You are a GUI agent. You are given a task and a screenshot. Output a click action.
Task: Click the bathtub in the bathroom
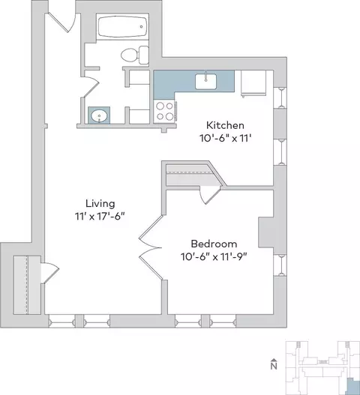point(122,26)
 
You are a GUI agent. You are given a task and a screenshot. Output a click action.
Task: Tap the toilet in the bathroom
point(135,55)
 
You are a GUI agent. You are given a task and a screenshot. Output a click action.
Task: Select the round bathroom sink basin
point(99,116)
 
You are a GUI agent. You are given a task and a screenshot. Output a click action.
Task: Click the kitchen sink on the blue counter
point(205,81)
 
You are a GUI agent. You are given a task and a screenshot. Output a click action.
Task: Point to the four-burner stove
point(164,111)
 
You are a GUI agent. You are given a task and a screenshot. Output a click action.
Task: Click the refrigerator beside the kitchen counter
point(253,83)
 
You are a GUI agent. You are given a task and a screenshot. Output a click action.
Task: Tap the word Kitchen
point(225,125)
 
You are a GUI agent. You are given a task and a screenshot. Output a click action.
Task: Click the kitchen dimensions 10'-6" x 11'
point(226,139)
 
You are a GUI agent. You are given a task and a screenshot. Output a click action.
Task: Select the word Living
point(100,204)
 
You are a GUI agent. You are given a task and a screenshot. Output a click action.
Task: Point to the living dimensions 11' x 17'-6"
point(100,217)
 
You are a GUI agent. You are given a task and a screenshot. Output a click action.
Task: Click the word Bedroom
point(214,244)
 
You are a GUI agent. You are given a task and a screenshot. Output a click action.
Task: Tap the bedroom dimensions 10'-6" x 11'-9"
point(214,257)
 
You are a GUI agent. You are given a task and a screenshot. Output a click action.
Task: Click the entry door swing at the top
point(62,22)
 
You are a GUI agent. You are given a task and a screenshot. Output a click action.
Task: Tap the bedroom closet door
point(210,194)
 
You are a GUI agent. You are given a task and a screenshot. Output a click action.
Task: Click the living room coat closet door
point(50,273)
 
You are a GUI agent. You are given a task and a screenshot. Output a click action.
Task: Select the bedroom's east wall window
point(280,265)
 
